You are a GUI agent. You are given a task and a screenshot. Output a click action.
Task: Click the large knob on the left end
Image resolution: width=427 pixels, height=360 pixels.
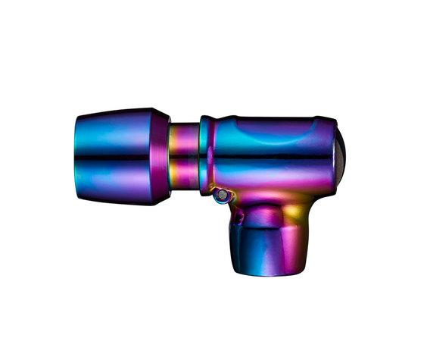121,157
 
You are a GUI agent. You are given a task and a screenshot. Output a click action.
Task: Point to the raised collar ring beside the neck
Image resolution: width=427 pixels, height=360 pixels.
205,155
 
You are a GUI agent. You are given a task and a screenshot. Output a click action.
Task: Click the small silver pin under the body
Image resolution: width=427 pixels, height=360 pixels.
220,196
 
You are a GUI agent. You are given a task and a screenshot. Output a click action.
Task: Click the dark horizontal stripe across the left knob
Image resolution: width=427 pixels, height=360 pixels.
121,158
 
